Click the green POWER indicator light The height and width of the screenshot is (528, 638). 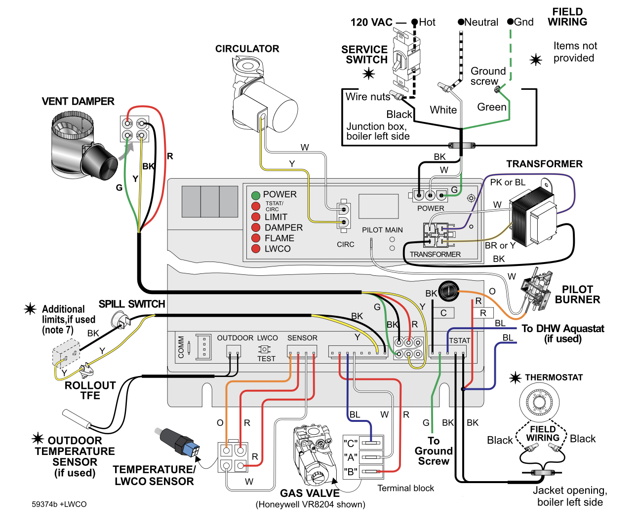(x=256, y=195)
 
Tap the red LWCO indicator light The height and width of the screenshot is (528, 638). (x=256, y=249)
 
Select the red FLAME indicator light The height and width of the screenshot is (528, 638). (x=256, y=238)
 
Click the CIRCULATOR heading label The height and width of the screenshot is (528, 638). (x=247, y=49)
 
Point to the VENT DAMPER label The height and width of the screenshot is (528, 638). (x=78, y=101)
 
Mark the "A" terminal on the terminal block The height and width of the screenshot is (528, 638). (x=371, y=457)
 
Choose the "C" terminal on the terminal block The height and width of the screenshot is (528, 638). (x=371, y=442)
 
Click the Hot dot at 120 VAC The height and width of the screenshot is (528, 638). (x=415, y=22)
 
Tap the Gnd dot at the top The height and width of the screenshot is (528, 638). (x=510, y=22)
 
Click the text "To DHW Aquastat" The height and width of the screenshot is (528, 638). (x=562, y=329)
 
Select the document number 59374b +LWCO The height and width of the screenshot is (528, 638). (x=59, y=504)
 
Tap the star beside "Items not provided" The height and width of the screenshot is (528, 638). (x=536, y=60)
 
